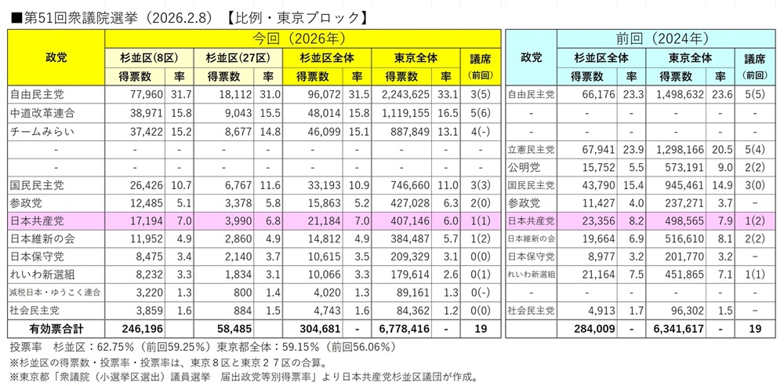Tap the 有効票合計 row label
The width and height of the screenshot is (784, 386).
tap(55, 327)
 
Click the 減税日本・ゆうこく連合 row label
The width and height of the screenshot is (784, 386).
tap(55, 292)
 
